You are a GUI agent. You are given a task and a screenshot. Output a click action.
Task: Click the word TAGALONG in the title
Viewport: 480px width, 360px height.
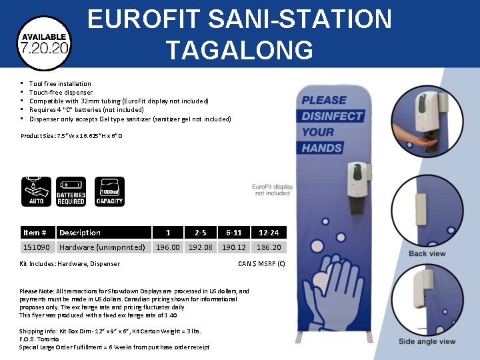tap(239, 50)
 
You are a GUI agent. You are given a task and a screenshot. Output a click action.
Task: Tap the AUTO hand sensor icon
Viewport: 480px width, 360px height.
tap(37, 191)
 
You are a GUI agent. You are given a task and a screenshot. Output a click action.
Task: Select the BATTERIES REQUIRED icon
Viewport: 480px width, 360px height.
tap(71, 191)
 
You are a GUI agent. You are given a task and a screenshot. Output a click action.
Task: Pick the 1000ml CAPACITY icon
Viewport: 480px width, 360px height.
tap(109, 191)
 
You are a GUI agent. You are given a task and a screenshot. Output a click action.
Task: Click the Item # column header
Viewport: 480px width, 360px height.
tap(35, 233)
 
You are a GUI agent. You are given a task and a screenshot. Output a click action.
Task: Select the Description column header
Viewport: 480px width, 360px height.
tap(80, 233)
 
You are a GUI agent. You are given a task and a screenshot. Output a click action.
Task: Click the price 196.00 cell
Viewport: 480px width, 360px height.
tap(167, 247)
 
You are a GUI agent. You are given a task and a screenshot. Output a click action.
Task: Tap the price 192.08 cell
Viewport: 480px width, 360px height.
tap(200, 247)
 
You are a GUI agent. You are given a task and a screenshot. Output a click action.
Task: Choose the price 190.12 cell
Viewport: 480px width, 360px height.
tap(234, 247)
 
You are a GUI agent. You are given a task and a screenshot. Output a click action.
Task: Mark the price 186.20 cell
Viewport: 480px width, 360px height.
tap(269, 247)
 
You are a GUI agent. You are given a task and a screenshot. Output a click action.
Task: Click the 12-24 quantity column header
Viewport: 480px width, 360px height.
tap(269, 233)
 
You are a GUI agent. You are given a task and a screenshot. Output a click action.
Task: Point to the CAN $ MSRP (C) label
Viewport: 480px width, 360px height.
tap(261, 263)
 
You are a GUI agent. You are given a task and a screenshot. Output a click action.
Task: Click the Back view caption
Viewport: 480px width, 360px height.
tap(427, 253)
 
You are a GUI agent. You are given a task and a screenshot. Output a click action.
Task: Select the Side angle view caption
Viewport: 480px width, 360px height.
tap(427, 341)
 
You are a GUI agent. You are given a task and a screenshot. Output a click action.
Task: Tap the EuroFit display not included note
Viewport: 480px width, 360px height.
tap(273, 190)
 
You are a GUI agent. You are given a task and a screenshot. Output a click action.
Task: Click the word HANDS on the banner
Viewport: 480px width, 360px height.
tap(322, 147)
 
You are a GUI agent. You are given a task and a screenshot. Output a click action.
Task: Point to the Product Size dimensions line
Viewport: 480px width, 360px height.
tap(71, 136)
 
